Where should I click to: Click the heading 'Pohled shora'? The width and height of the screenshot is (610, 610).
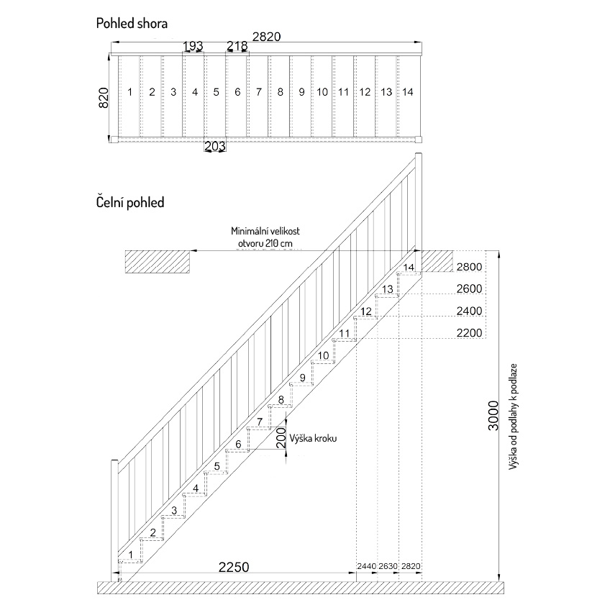[x=132, y=24]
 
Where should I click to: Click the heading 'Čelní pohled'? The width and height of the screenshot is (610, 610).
[x=130, y=203]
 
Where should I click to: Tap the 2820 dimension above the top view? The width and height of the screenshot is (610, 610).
[x=266, y=37]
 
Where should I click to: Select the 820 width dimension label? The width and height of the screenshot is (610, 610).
[x=104, y=98]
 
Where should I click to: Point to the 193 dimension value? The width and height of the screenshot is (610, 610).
[x=193, y=46]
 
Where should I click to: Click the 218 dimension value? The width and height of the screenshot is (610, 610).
[x=237, y=46]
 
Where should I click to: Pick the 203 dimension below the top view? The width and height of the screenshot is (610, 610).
[x=215, y=146]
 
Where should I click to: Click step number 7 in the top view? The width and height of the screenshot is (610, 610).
[x=259, y=92]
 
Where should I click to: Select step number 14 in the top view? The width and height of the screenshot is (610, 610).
[x=407, y=92]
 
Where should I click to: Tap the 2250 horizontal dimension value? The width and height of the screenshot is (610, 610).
[x=233, y=568]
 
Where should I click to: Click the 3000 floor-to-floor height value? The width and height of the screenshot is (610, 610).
[x=493, y=415]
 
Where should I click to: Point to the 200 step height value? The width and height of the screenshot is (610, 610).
[x=281, y=438]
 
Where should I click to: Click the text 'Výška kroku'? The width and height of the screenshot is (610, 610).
[x=313, y=439]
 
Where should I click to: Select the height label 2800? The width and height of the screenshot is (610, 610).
[x=469, y=267]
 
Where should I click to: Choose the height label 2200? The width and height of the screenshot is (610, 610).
[x=469, y=333]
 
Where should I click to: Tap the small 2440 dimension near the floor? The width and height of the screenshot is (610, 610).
[x=366, y=566]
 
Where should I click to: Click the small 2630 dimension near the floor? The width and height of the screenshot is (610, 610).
[x=388, y=566]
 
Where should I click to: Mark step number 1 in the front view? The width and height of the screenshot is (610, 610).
[x=131, y=555]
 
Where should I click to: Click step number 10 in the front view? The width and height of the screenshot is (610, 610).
[x=323, y=355]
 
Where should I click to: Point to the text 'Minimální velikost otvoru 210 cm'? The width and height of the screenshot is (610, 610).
[x=265, y=237]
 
